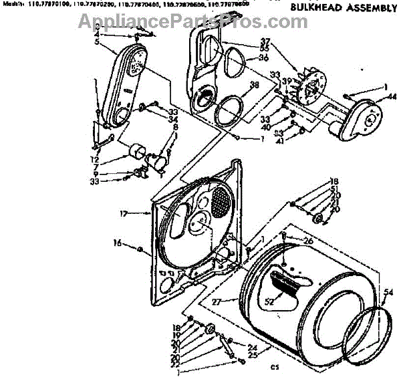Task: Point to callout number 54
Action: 390,291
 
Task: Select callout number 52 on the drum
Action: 269,302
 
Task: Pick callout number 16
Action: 118,243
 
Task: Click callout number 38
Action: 253,85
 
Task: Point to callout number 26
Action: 307,241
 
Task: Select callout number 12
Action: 95,161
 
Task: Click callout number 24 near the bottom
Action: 252,347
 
